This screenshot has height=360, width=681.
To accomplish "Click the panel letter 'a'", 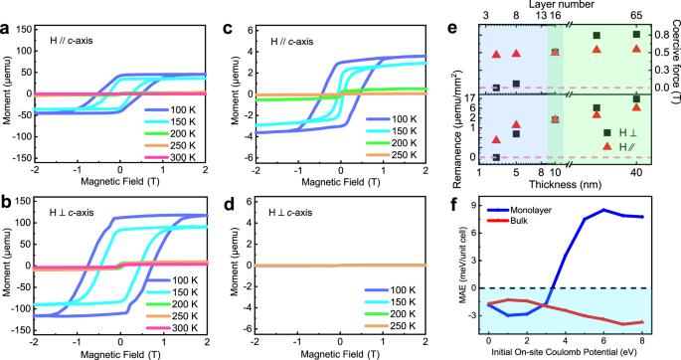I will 8,28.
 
